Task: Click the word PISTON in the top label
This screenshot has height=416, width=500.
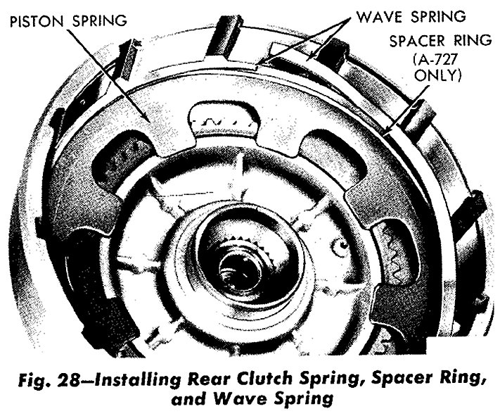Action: pyautogui.click(x=38, y=21)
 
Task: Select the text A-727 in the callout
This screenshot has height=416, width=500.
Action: pyautogui.click(x=437, y=59)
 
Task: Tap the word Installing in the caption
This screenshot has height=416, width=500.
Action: pyautogui.click(x=139, y=379)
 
